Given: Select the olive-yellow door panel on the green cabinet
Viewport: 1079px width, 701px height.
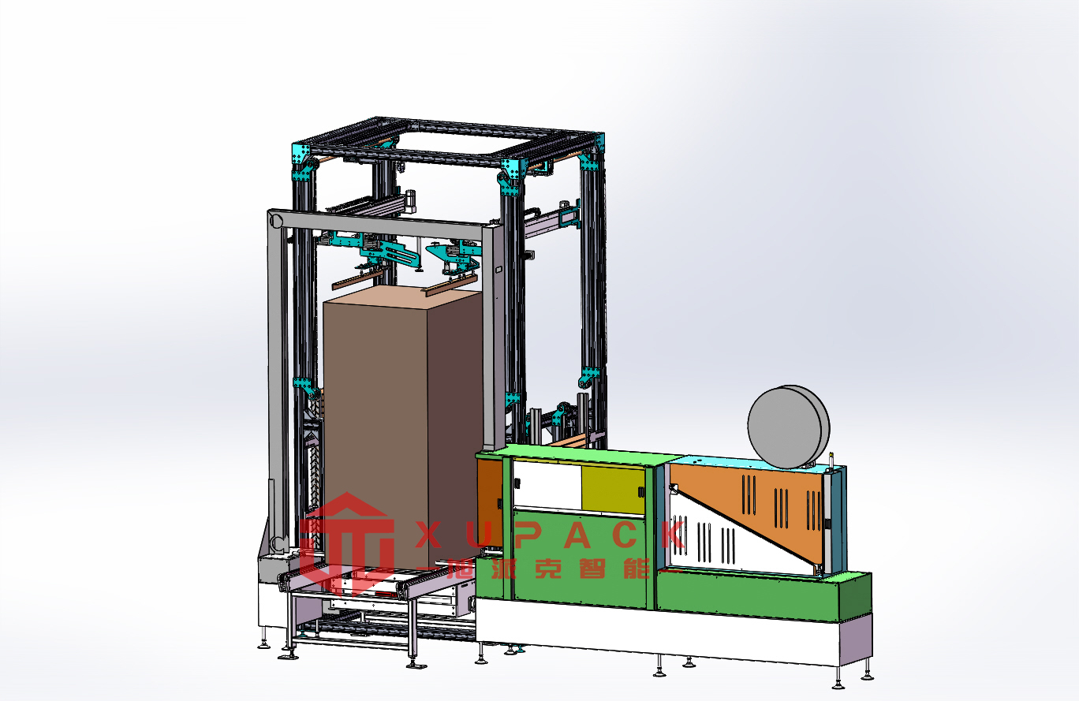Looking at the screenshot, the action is (x=613, y=490).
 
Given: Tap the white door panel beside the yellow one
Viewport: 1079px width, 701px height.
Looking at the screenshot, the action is (x=547, y=485).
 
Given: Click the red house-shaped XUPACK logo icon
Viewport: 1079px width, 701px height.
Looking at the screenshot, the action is (x=347, y=544).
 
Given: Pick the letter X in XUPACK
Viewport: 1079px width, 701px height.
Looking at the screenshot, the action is (x=429, y=535).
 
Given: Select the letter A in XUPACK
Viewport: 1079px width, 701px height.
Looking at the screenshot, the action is (x=577, y=535).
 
